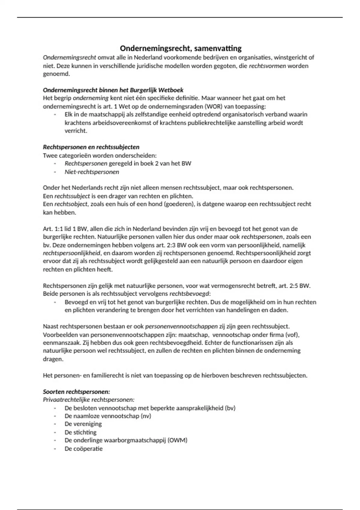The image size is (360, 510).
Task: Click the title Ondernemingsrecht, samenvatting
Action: click(x=181, y=48)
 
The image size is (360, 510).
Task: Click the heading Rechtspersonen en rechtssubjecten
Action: click(x=91, y=147)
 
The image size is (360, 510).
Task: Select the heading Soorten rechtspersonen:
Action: click(x=76, y=392)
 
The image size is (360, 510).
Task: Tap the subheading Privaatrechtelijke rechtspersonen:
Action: click(x=88, y=400)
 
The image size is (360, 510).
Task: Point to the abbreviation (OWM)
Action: click(x=177, y=440)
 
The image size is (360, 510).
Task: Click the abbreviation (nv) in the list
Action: click(x=145, y=416)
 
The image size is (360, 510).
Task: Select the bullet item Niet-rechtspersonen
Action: click(x=92, y=172)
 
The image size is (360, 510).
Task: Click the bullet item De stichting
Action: click(x=80, y=432)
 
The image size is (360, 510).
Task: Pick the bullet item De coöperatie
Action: click(x=83, y=449)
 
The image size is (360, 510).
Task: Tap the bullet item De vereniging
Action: click(x=83, y=424)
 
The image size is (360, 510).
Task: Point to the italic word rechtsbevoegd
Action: click(x=190, y=294)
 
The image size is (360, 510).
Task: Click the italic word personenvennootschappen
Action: click(x=181, y=326)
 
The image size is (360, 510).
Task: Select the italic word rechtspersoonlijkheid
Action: click(x=72, y=253)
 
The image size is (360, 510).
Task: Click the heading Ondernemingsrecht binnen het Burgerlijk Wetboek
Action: click(x=113, y=90)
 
